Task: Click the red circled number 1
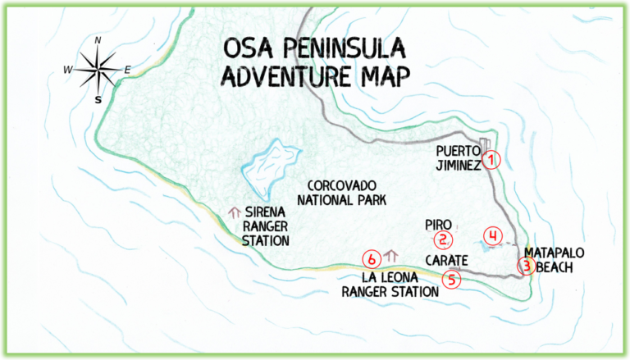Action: (491, 160)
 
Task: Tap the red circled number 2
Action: (443, 240)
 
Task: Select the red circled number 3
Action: (527, 265)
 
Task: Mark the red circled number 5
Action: (451, 279)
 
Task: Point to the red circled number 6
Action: (372, 259)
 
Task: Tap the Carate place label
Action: (446, 260)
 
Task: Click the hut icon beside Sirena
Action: (235, 213)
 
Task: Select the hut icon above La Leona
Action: (390, 256)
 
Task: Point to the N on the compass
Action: (98, 40)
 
